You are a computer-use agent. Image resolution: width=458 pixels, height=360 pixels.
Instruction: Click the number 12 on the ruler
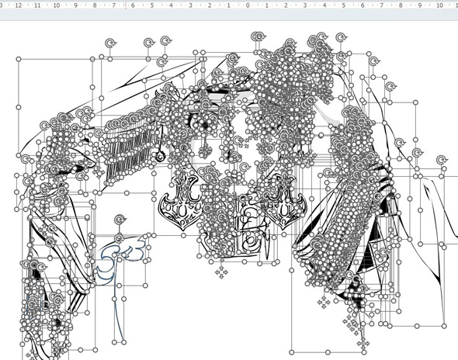click(x=18, y=5)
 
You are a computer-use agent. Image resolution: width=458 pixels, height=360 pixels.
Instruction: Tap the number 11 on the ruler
click(x=37, y=5)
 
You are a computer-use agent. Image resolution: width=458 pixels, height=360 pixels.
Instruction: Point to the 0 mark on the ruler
click(x=248, y=5)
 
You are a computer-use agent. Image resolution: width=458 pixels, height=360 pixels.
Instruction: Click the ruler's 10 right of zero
click(x=439, y=5)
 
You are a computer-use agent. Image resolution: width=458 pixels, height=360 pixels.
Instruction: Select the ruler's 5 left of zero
click(x=152, y=5)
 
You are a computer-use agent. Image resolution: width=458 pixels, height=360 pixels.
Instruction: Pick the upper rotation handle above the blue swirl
click(x=120, y=220)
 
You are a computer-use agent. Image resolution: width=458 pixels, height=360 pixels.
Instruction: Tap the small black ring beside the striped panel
click(x=161, y=157)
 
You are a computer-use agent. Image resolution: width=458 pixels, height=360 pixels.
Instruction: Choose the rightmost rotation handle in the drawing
click(x=442, y=160)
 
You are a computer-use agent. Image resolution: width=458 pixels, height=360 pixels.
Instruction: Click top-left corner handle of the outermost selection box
click(x=19, y=58)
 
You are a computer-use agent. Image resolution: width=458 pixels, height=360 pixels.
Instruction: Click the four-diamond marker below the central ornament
click(x=221, y=272)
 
